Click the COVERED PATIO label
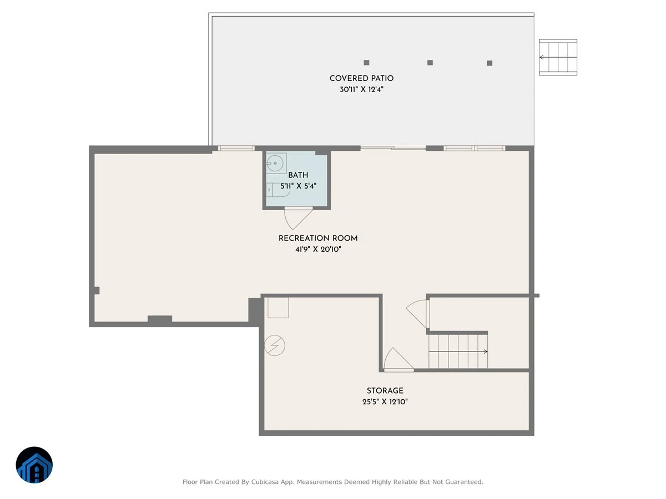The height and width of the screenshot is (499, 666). [x=361, y=79]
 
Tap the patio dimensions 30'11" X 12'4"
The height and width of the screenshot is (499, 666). [x=361, y=89]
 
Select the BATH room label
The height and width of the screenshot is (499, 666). [x=298, y=175]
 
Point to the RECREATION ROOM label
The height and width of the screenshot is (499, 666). [x=318, y=238]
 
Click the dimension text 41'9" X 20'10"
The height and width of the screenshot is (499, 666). [x=318, y=249]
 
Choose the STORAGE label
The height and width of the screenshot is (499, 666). [x=385, y=391]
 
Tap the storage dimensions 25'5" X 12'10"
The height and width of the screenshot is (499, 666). [x=385, y=402]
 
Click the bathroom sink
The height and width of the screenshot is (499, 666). [x=276, y=164]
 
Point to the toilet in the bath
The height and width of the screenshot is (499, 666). [x=277, y=190]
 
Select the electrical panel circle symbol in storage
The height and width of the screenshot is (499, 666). [x=274, y=345]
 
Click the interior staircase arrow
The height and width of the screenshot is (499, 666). [x=458, y=352]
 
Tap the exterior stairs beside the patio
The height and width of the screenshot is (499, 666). [x=558, y=57]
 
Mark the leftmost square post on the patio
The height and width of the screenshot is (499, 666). [x=366, y=63]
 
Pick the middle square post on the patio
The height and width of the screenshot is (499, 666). [x=430, y=63]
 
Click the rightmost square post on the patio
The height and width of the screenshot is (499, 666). [x=490, y=63]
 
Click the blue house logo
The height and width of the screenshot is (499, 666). [x=34, y=465]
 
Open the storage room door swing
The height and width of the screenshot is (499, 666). [x=398, y=359]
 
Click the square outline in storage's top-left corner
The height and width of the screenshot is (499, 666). [x=278, y=308]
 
